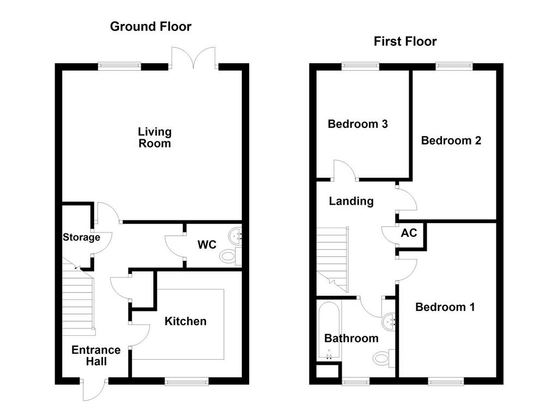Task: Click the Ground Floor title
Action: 150,27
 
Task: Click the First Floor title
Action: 405,41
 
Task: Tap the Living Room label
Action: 155,138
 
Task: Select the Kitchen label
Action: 185,321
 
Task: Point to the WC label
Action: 207,244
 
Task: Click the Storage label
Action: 82,237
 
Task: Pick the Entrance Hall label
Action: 96,355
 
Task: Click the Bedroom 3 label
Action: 357,124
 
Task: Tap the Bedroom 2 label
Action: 451,140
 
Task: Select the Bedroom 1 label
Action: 445,307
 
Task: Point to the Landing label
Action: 351,201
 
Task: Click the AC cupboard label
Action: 409,233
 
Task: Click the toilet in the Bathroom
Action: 384,358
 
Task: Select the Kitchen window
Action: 187,382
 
